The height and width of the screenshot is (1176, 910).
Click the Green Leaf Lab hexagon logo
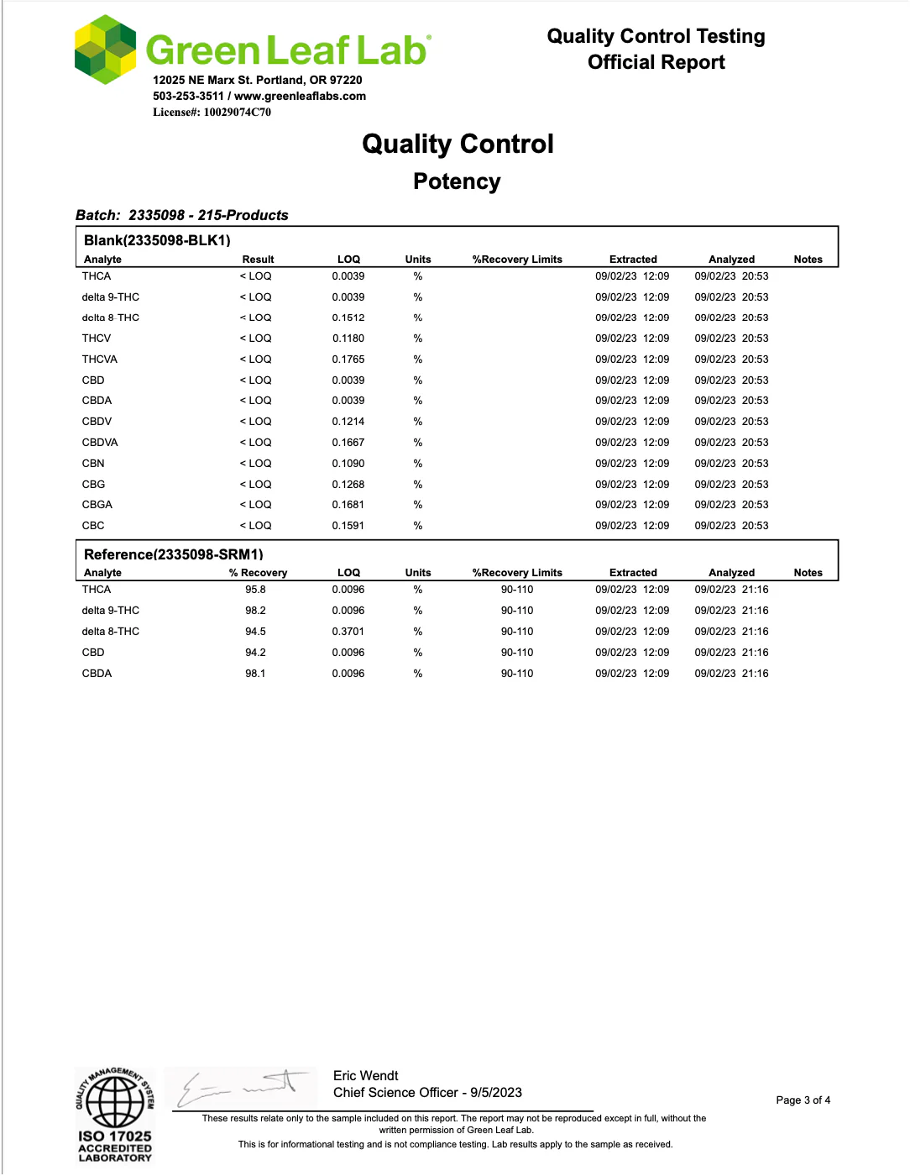[105, 50]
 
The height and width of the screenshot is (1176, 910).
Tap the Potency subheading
[457, 181]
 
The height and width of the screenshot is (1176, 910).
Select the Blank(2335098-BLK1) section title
[157, 240]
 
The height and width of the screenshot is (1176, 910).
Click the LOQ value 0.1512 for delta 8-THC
[348, 318]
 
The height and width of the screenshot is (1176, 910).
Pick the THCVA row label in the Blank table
[100, 359]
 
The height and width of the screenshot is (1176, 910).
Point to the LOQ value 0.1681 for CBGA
[348, 505]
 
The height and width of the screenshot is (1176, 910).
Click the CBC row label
[93, 526]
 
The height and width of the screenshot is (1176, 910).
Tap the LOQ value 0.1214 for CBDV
[348, 422]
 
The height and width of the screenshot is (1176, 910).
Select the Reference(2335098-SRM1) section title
[174, 554]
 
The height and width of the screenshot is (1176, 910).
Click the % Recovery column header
[258, 573]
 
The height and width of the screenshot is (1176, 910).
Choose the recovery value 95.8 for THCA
[255, 590]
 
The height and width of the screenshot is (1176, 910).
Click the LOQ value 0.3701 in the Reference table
[348, 632]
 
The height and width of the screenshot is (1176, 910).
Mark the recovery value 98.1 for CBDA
[255, 674]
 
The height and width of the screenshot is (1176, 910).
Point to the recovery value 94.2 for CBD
[255, 653]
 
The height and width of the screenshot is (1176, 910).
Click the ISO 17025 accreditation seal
[115, 1115]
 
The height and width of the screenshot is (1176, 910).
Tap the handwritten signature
[238, 1088]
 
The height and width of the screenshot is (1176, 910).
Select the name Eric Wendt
[365, 1076]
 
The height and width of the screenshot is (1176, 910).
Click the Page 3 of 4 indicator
[803, 1100]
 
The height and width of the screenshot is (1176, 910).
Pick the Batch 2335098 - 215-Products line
[182, 215]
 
